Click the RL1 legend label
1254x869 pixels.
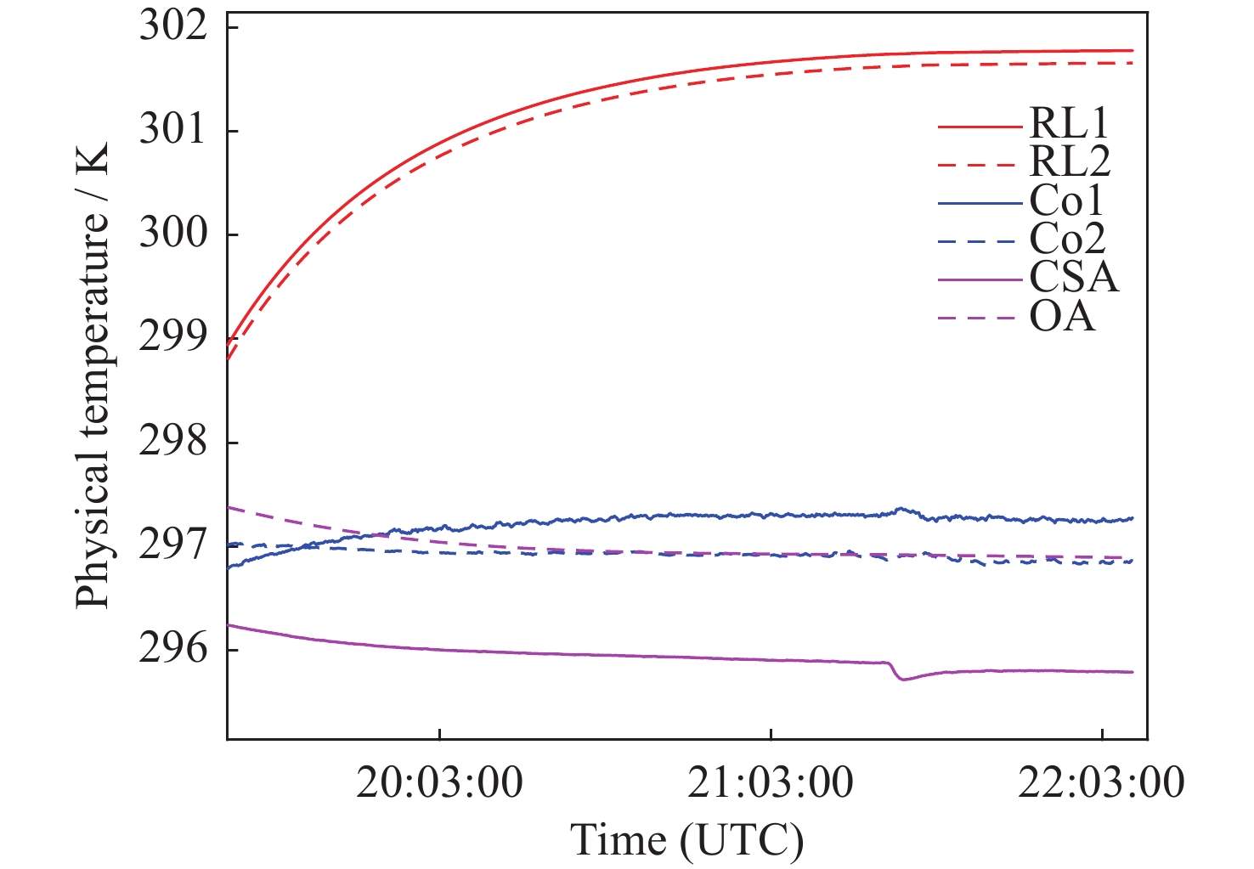(x=1070, y=124)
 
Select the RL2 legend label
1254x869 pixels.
(x=1070, y=161)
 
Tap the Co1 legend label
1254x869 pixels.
(x=1067, y=201)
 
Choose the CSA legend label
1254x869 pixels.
(x=1074, y=277)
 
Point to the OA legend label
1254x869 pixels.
(x=1062, y=317)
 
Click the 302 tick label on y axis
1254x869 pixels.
(x=173, y=26)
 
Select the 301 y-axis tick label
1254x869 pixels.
(x=173, y=130)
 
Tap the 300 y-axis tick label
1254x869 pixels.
(x=173, y=234)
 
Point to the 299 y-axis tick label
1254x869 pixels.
(x=173, y=337)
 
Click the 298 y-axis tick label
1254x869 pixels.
(x=173, y=442)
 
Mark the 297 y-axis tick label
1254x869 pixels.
(x=173, y=545)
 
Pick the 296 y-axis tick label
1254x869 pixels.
(x=173, y=649)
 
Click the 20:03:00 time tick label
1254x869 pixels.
(x=439, y=782)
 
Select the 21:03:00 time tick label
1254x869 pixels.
(x=771, y=782)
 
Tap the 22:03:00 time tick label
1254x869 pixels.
(x=1101, y=782)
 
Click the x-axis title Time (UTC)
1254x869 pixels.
(x=686, y=840)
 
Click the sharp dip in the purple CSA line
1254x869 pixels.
(x=903, y=679)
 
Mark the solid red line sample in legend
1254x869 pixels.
(x=980, y=127)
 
